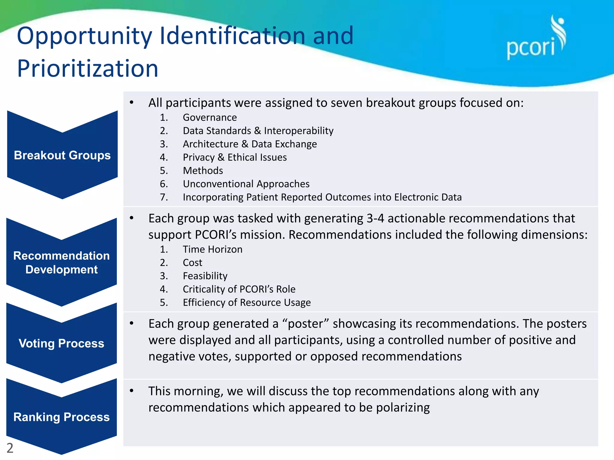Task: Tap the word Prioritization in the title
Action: pos(88,69)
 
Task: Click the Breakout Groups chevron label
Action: pos(62,155)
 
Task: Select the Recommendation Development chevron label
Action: pos(61,263)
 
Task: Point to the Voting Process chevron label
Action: pos(61,344)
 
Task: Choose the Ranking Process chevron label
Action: pos(61,417)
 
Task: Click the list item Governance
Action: pos(210,117)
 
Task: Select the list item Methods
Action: pos(203,171)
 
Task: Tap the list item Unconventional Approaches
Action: pos(246,184)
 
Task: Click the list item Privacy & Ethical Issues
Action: pos(235,158)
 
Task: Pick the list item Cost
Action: pos(192,263)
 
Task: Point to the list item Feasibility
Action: pos(205,276)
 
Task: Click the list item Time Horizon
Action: pos(213,249)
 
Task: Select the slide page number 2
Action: pos(10,448)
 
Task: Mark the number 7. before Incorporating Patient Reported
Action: pos(164,197)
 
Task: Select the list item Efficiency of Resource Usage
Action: pos(247,302)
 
